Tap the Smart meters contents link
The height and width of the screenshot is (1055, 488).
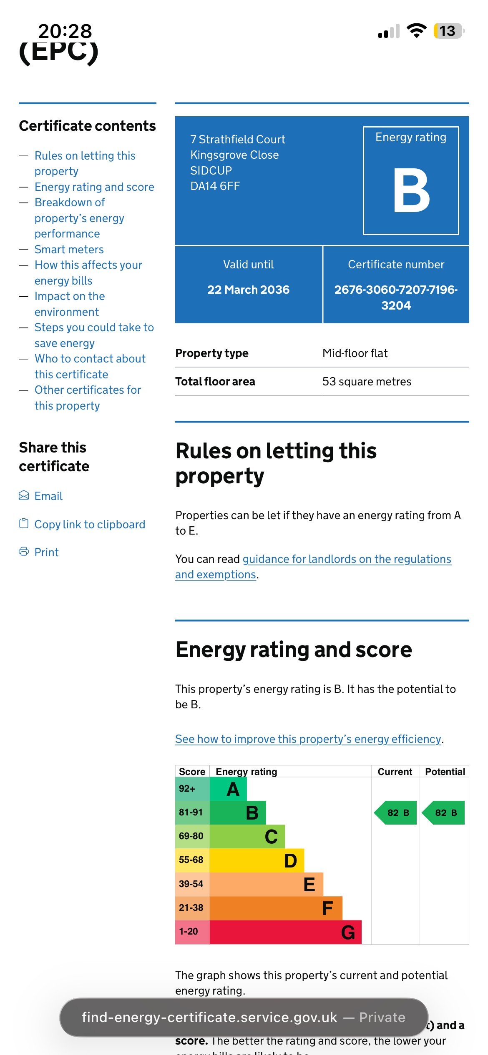coord(69,249)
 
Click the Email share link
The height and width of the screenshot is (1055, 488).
coord(48,496)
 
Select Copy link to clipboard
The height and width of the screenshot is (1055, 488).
coord(89,524)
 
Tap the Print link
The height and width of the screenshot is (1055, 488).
coord(46,552)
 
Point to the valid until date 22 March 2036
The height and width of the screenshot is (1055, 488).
coord(248,290)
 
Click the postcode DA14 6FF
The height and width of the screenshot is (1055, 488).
coord(215,186)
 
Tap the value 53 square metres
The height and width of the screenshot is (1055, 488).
coord(367,381)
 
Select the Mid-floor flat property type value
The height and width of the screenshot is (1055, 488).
coord(355,353)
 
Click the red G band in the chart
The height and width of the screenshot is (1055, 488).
coord(285,932)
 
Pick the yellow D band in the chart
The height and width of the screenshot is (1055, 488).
coord(257,860)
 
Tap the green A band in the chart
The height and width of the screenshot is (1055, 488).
coord(228,789)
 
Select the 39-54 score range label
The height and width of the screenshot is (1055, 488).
coord(191,884)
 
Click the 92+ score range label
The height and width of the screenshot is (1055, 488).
coord(187,788)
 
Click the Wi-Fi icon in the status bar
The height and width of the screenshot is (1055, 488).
coord(416,31)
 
